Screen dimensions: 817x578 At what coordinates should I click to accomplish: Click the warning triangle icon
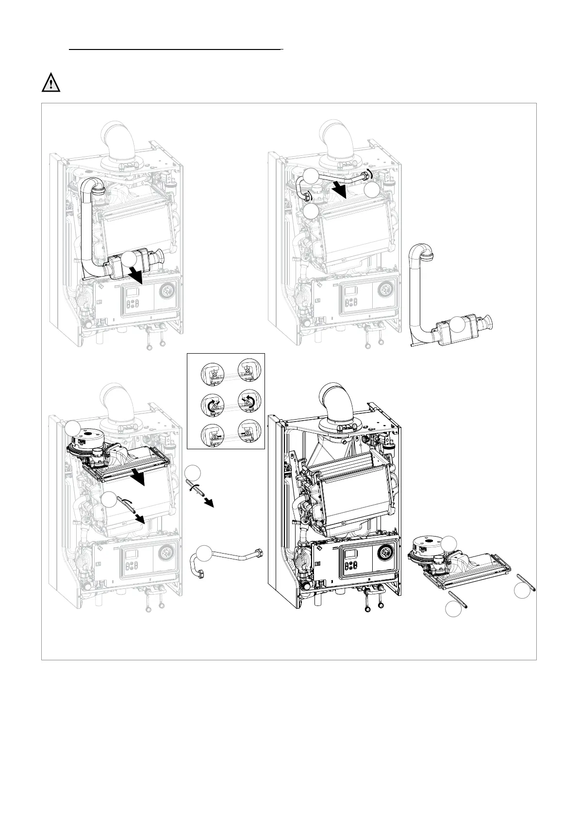(50, 83)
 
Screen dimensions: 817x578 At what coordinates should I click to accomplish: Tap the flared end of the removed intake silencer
(487, 321)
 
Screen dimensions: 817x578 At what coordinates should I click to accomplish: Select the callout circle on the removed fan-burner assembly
(450, 542)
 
